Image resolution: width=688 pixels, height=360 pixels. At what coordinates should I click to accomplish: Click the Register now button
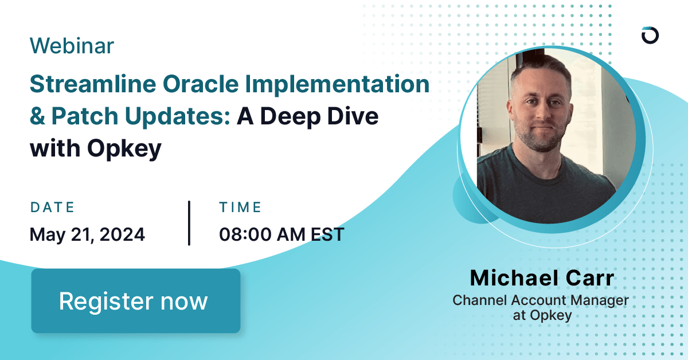(x=135, y=301)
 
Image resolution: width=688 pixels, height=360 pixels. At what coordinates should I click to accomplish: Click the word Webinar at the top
(x=72, y=46)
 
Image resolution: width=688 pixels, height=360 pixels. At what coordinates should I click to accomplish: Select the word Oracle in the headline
(x=196, y=84)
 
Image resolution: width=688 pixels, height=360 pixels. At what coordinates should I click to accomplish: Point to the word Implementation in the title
(x=337, y=85)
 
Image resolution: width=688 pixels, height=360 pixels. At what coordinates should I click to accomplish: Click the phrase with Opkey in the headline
(x=96, y=148)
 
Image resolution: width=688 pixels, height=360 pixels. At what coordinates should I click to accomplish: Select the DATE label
(x=52, y=207)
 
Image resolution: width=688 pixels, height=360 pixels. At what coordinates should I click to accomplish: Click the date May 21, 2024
(x=87, y=234)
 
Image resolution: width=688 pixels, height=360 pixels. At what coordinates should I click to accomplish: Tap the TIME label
(x=240, y=207)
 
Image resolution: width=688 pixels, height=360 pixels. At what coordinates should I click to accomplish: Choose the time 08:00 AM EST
(x=282, y=234)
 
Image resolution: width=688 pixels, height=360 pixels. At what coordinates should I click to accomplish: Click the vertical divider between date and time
(x=189, y=223)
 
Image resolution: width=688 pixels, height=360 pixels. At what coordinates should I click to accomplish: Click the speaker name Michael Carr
(x=542, y=278)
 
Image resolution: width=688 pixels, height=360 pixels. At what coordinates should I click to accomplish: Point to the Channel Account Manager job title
(x=541, y=300)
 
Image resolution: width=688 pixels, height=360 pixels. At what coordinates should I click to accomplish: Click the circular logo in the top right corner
(x=650, y=35)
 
